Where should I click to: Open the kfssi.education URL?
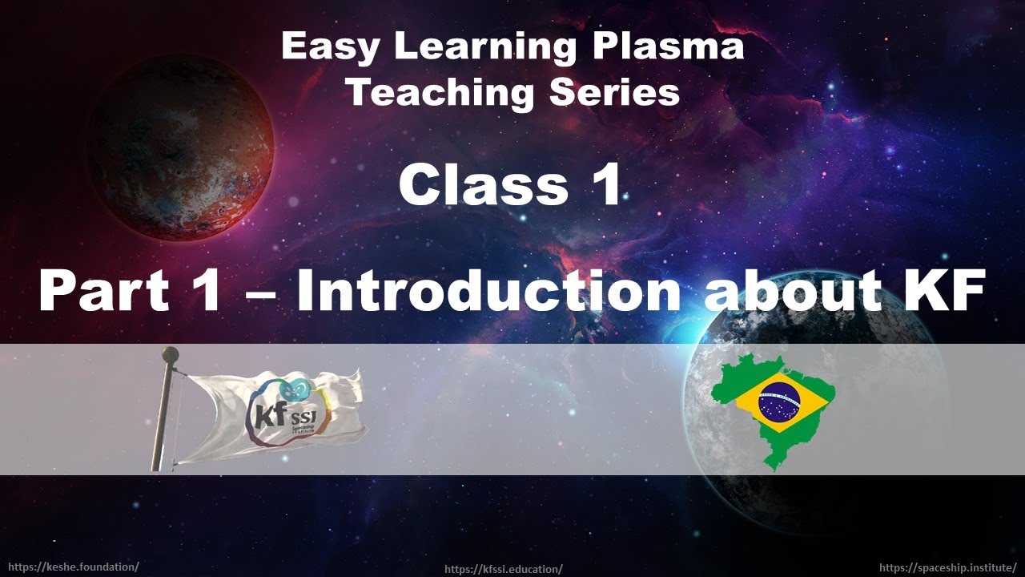point(504,569)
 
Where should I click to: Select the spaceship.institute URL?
point(947,567)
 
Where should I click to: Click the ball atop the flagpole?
point(170,353)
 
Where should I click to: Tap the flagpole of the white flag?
point(163,417)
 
